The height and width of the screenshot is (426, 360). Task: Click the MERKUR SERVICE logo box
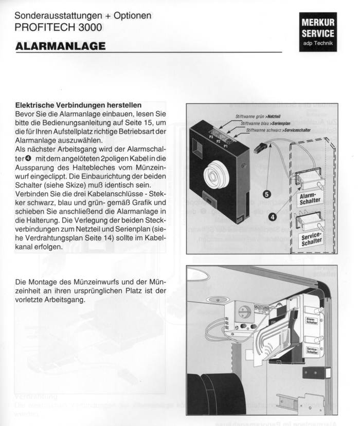coord(318,31)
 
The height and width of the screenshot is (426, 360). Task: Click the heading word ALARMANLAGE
coord(61,46)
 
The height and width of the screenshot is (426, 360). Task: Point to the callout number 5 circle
coord(266,194)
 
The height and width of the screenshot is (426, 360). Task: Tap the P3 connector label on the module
coord(211,138)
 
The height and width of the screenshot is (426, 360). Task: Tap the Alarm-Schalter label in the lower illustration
coord(312,321)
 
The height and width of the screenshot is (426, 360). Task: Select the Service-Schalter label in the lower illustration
coord(312,350)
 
